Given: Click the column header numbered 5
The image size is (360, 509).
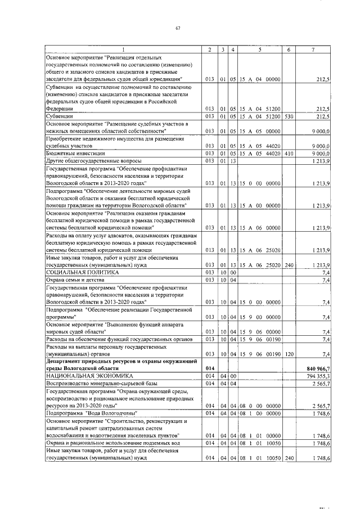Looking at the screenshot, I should click(259, 49).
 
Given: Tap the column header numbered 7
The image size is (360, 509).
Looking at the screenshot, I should click(313, 49).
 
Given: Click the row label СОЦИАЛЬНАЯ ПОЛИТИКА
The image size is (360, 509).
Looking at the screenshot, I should click(75, 272).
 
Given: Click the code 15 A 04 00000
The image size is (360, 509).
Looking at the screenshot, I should click(259, 79).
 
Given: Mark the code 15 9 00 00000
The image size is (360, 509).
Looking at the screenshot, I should click(259, 317).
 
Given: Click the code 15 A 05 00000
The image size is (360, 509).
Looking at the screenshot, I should click(259, 130).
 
